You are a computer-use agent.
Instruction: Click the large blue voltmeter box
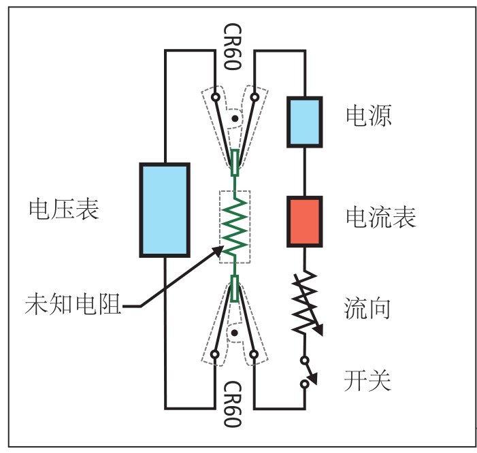coord(164,209)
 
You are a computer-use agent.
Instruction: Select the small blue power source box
coord(303,122)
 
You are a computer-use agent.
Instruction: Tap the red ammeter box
coord(303,221)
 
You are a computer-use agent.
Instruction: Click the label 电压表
coord(64,209)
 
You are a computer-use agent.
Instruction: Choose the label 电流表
coord(380,217)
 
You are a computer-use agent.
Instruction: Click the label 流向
coord(367,309)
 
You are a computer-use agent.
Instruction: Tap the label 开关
coord(368,380)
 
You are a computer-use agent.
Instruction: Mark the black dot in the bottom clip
coord(235,333)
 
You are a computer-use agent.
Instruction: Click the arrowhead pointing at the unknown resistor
coord(219,250)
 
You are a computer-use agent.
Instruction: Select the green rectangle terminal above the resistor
coord(234,163)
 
